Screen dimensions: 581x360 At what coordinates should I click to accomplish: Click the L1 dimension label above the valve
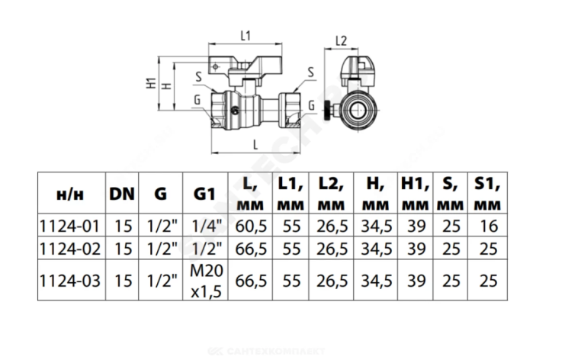point(246,36)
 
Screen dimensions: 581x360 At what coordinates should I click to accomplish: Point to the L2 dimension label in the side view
point(341,40)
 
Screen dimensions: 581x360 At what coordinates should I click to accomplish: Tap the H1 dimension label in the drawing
point(151,83)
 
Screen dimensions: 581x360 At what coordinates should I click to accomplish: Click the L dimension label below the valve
point(255,145)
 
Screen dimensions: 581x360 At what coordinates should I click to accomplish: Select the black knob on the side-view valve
point(329,111)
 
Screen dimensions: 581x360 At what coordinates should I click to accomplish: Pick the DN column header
point(122,194)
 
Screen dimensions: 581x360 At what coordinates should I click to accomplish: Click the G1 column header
point(204,194)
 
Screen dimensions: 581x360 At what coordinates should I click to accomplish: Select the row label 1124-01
point(69,227)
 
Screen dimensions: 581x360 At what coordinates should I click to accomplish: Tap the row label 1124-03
point(69,281)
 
